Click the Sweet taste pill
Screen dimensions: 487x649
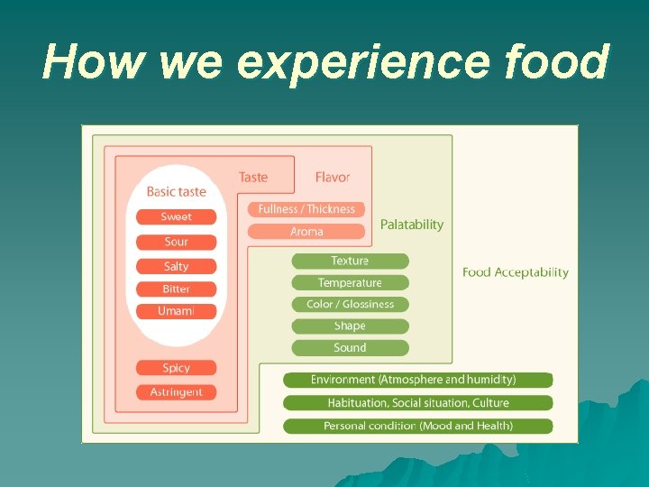(177, 216)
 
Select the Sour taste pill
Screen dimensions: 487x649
(177, 242)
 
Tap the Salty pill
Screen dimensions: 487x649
(177, 266)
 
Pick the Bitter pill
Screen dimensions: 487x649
(177, 289)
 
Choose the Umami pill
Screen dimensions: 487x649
(177, 311)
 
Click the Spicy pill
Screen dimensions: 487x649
(177, 368)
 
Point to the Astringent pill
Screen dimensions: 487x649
(177, 392)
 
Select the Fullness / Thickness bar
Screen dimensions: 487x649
(306, 209)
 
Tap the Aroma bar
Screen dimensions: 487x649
(306, 232)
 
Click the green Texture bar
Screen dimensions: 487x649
(350, 261)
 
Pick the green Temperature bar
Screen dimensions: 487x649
(350, 282)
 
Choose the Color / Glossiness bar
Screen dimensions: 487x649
(350, 304)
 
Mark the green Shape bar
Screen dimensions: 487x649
(350, 326)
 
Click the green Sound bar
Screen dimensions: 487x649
(350, 347)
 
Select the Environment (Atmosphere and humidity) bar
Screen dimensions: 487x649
(417, 380)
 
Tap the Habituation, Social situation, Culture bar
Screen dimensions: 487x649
(417, 402)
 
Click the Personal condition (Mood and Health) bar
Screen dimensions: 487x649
(417, 426)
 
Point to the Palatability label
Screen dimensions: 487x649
(412, 225)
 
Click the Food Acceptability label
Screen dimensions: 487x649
(516, 272)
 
